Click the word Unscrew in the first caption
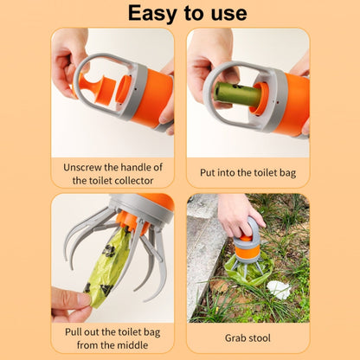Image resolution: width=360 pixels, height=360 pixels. point(86,166)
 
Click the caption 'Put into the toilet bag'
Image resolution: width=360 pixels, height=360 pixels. point(248,173)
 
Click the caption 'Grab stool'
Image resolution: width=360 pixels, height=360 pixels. point(248,339)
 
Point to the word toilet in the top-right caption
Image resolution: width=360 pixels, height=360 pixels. point(260,173)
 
